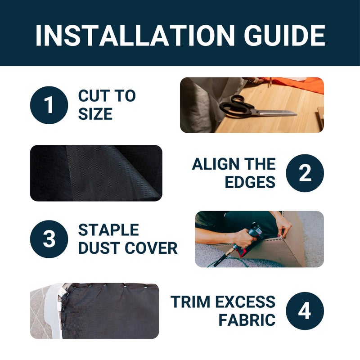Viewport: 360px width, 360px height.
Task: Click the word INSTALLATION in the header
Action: (135, 36)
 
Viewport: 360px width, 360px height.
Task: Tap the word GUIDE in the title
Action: (284, 36)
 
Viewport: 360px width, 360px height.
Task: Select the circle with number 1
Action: (49, 105)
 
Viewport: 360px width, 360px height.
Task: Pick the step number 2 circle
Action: (305, 173)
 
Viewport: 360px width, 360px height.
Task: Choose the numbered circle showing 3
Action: (49, 239)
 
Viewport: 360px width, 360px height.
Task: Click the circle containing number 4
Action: (305, 311)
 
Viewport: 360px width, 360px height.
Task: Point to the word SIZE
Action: (95, 114)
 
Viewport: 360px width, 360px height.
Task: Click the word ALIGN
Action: (216, 164)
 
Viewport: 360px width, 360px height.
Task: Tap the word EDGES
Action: (250, 182)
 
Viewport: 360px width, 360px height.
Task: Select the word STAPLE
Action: (108, 230)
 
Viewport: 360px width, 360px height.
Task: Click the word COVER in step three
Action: (152, 248)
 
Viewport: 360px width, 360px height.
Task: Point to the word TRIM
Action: (190, 301)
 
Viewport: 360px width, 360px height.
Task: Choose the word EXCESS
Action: (245, 301)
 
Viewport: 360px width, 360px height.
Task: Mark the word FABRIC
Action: (247, 320)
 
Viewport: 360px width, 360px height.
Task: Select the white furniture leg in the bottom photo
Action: (54, 310)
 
